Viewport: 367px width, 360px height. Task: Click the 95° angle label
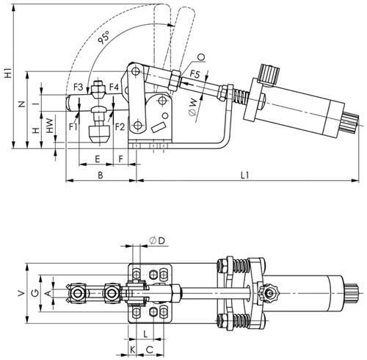pos(103,37)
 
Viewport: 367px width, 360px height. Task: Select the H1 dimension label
pos(8,73)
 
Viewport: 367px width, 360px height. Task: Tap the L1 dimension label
pos(244,175)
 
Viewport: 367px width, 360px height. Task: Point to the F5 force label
pos(195,73)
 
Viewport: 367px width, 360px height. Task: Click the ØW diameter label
pos(193,107)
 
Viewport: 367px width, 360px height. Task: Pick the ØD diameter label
pos(157,240)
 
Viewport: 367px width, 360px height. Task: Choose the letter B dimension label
pos(101,175)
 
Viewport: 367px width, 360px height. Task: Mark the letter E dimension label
pos(98,159)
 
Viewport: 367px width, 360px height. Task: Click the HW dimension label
pos(50,126)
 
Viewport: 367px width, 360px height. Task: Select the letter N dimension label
pos(22,104)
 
